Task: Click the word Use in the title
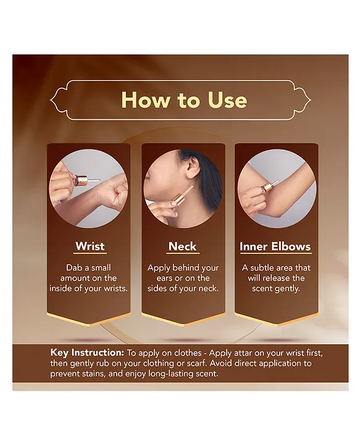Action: click(227, 100)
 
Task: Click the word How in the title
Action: click(146, 100)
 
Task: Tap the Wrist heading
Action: click(90, 246)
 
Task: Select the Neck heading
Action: click(183, 246)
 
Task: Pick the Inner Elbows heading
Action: click(275, 247)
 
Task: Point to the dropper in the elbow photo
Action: click(269, 186)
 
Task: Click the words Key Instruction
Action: click(87, 353)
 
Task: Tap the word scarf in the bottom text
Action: click(196, 363)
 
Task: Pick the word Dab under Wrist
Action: click(73, 268)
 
